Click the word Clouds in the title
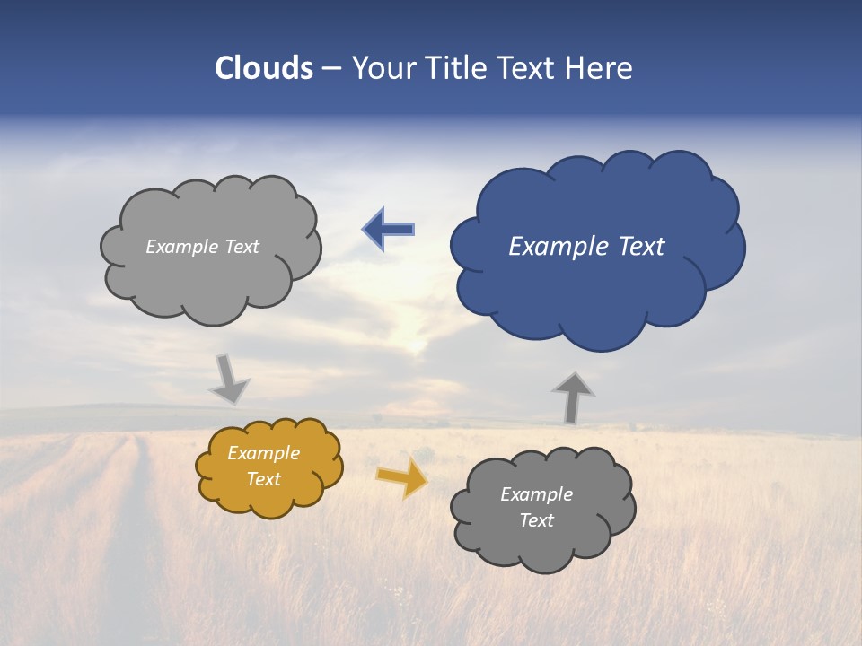click(x=264, y=68)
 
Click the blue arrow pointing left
click(x=389, y=230)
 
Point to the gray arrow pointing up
click(x=572, y=397)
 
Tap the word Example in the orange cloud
click(x=263, y=453)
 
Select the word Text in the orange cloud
click(x=263, y=479)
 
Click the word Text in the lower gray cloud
click(x=536, y=520)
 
